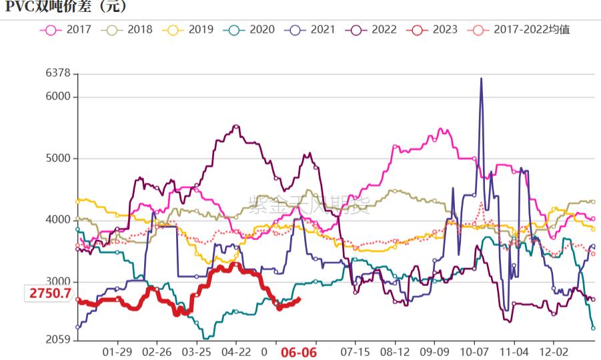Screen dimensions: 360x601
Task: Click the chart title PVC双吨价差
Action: point(65,7)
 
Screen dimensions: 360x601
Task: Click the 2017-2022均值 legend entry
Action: point(520,29)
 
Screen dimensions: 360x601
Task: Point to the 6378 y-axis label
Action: point(58,73)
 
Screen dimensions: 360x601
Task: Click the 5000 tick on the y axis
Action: point(58,159)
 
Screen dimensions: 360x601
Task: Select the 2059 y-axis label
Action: point(58,340)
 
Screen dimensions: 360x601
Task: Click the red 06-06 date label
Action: point(297,352)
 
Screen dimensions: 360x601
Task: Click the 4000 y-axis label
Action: point(58,220)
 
